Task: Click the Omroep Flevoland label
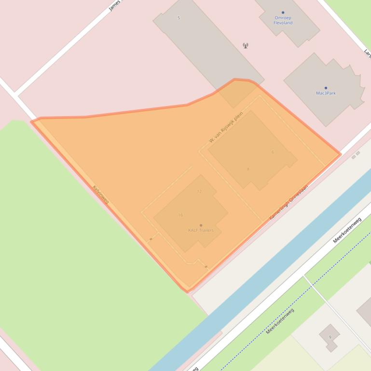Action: point(283,20)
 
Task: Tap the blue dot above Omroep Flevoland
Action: point(283,13)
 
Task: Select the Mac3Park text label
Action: point(326,93)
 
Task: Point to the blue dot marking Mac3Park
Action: point(326,88)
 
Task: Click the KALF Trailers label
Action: point(201,230)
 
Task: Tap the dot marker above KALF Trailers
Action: point(201,225)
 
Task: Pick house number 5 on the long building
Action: point(179,18)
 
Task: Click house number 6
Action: point(273,152)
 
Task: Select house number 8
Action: point(248,169)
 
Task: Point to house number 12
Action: point(199,191)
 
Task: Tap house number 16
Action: point(180,215)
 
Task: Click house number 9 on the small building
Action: point(330,337)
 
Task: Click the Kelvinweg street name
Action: point(101,194)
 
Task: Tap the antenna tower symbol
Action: point(246,46)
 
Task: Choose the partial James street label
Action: point(116,6)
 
